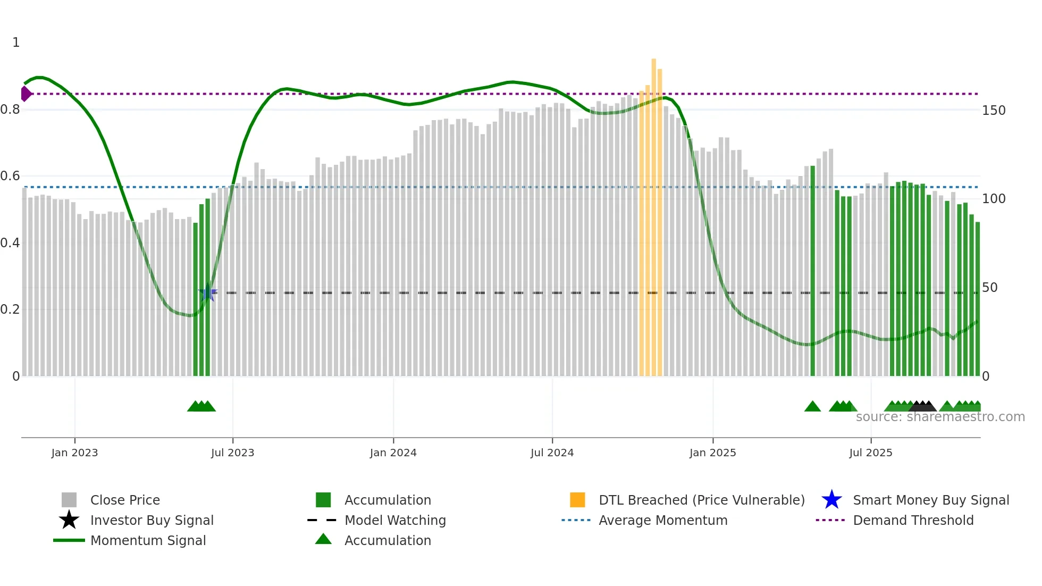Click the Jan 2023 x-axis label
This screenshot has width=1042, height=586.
(74, 453)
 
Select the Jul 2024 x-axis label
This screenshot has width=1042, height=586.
(552, 453)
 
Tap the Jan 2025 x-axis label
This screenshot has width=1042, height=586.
(712, 453)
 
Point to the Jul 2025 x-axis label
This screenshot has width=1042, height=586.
(870, 453)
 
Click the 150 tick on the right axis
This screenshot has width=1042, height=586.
(994, 111)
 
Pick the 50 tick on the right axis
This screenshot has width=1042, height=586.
(990, 288)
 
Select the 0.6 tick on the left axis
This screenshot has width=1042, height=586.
(10, 176)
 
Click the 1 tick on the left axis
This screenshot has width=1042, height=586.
(16, 43)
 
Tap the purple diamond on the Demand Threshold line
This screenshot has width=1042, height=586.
(26, 94)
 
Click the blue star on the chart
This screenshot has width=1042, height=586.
(208, 292)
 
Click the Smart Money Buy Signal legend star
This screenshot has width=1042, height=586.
(831, 500)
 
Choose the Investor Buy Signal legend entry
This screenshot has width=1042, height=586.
(152, 520)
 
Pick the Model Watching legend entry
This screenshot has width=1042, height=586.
(394, 520)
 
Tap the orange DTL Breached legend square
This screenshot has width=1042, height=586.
(577, 500)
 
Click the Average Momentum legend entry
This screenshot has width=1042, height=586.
(662, 520)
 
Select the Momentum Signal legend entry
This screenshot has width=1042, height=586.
(148, 540)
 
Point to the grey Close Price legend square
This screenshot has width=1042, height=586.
(69, 500)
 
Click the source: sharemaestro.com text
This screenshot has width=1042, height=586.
(940, 417)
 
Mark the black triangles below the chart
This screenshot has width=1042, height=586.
(922, 406)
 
